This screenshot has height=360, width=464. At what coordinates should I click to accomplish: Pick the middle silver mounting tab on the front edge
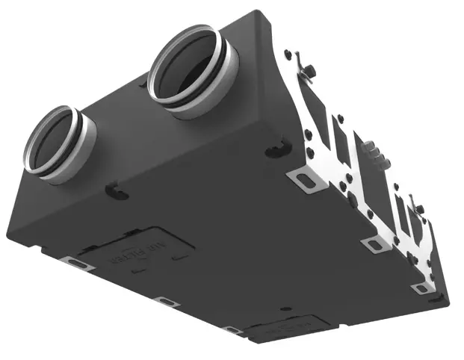pyautogui.click(x=164, y=301)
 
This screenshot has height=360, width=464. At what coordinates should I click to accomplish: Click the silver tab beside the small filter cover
pyautogui.click(x=233, y=329)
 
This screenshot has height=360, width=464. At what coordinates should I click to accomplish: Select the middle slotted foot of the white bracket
pyautogui.click(x=371, y=244)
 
